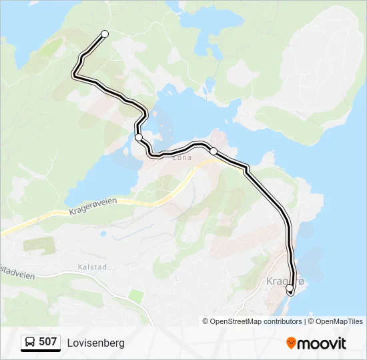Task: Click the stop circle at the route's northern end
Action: tap(104, 34)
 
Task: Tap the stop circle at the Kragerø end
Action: tap(290, 289)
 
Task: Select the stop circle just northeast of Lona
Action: tap(214, 151)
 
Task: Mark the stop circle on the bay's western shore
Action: tap(139, 137)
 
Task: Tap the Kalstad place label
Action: tap(91, 267)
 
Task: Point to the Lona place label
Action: tap(181, 158)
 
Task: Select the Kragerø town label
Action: tap(285, 281)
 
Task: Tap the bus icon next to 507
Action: tap(30, 343)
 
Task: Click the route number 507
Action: tap(48, 342)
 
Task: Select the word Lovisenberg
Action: tap(95, 343)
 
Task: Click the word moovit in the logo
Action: tap(322, 343)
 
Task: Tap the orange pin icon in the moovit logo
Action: tap(291, 343)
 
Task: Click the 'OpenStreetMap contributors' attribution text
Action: tap(256, 321)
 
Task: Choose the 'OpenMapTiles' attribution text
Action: tap(339, 321)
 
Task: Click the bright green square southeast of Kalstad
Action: tap(136, 295)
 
